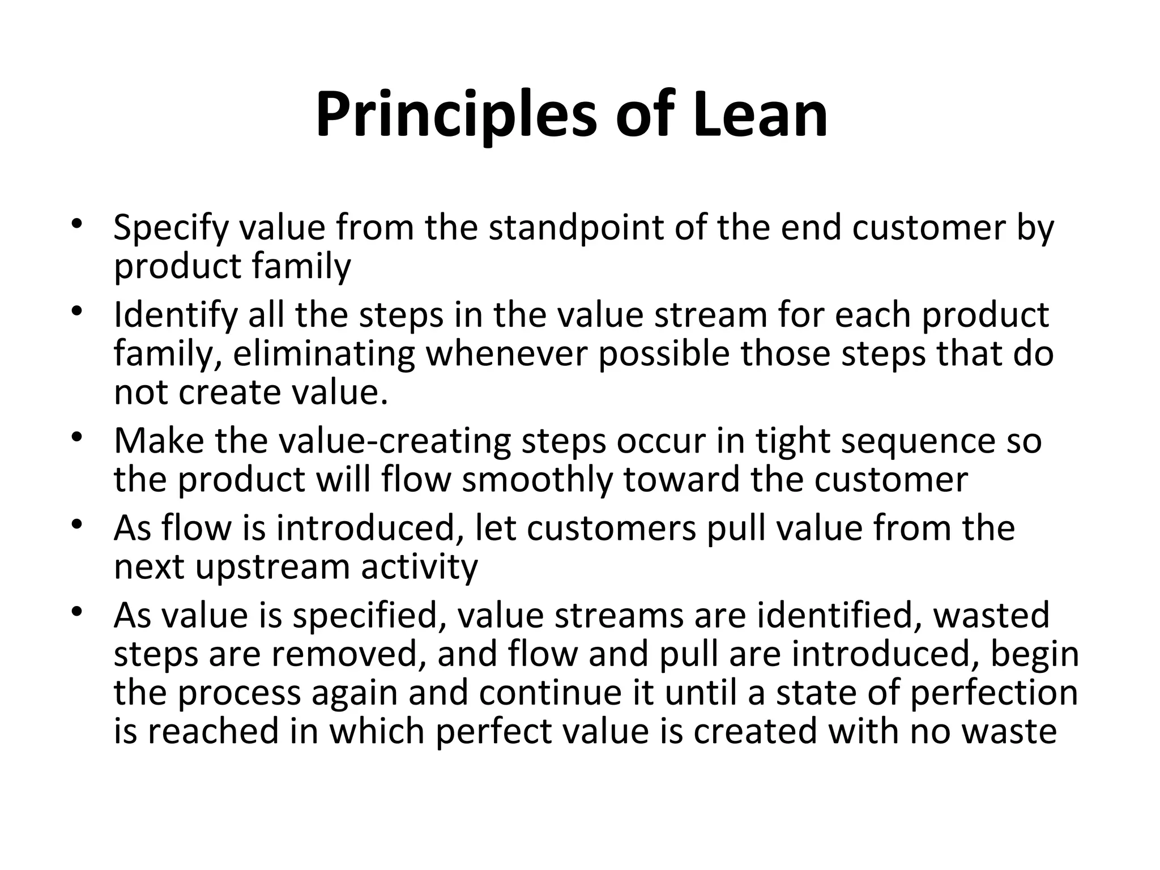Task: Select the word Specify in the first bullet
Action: [x=170, y=228]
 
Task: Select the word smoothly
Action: [x=538, y=480]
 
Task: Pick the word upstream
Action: [x=272, y=566]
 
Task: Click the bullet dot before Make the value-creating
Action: [x=78, y=438]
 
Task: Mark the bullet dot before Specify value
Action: [x=78, y=225]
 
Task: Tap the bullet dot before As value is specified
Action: [x=78, y=612]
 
